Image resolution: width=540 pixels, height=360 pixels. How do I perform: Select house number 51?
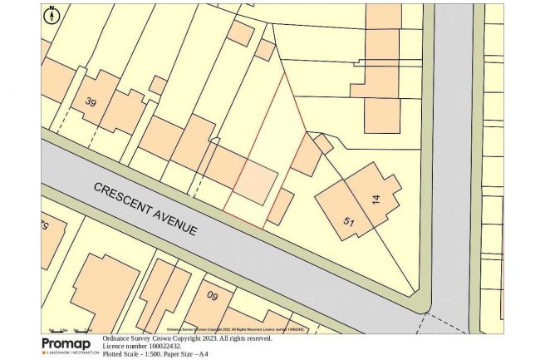point(350,220)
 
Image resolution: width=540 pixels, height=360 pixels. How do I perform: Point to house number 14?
point(376,200)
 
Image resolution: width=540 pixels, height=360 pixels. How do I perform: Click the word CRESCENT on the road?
point(124,196)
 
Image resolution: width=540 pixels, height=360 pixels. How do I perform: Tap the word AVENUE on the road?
point(176,221)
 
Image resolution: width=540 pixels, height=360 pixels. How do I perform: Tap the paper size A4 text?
point(202,355)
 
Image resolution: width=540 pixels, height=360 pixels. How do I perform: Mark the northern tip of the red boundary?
point(283,72)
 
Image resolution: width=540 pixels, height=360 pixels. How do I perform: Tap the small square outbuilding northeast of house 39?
point(157,85)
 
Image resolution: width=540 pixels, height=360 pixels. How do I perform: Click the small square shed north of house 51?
point(323,144)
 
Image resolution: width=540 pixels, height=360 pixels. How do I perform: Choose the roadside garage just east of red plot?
point(280,207)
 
